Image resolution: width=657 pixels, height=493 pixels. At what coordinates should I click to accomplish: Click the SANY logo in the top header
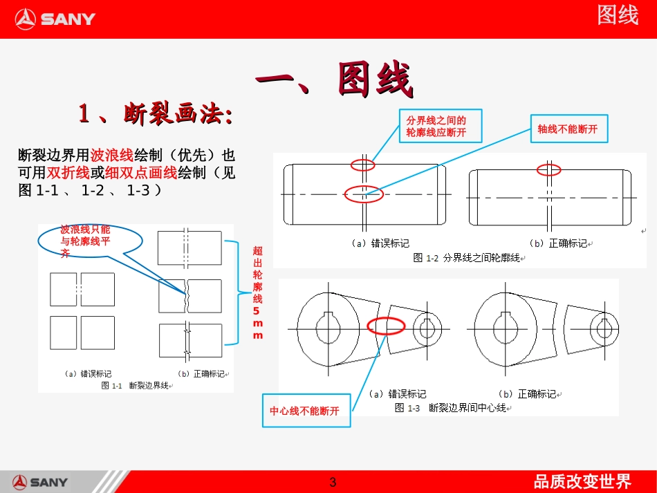click(x=55, y=19)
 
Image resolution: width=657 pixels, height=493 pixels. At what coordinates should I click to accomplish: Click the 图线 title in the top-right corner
click(x=618, y=15)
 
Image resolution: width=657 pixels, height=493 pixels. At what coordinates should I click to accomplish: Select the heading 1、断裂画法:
click(x=155, y=114)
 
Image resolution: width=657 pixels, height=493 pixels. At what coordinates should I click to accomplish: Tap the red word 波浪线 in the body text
click(x=113, y=154)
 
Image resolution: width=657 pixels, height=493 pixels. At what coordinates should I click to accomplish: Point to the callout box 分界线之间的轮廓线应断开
click(x=440, y=126)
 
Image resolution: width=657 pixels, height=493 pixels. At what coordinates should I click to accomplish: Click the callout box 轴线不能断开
click(x=568, y=129)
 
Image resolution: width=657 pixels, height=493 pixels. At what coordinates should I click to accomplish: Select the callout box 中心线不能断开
click(x=305, y=411)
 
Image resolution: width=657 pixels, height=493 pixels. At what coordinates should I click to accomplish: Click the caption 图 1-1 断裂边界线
click(x=136, y=385)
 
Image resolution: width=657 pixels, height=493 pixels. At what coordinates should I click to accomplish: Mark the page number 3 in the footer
click(x=333, y=482)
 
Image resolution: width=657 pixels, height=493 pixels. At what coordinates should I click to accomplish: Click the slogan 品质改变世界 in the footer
click(x=582, y=481)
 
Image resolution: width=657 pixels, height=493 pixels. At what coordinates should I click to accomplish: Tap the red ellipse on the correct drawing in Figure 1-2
click(x=550, y=169)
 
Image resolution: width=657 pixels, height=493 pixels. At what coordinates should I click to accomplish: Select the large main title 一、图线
click(x=335, y=80)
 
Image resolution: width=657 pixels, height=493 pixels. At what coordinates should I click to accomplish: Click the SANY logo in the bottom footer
click(x=40, y=482)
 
